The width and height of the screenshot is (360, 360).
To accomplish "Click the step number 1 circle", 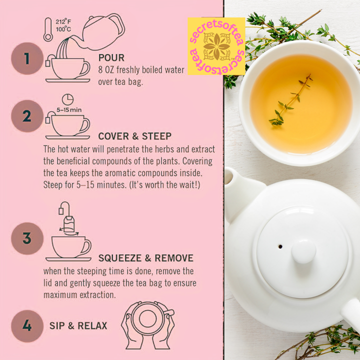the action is coord(27,58).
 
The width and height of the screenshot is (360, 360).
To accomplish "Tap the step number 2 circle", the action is coord(27,116).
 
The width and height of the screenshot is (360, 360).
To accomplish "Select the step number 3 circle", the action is coord(27,238).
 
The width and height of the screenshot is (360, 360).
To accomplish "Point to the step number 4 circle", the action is coord(27,326).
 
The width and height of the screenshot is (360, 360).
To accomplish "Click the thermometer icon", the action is coord(48,29).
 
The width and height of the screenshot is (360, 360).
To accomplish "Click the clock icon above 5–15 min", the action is coord(67,99).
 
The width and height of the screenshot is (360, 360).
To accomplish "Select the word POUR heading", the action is coord(111,57).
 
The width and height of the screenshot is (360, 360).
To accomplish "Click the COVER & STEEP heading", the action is coord(135,136).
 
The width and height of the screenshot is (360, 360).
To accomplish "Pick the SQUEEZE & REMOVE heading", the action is coord(146,258).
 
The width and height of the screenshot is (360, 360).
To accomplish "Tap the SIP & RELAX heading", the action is coord(78,326).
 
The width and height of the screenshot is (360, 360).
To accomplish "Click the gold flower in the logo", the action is coord(216,46).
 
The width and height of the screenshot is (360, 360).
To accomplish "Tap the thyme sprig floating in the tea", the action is coord(290,100).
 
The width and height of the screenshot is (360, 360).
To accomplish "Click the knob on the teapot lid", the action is coord(304,251).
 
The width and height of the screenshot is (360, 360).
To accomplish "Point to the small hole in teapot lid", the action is coord(280,246).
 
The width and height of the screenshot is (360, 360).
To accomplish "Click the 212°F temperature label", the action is coord(63,22).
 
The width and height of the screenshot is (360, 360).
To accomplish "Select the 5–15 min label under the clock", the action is coord(69,110).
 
